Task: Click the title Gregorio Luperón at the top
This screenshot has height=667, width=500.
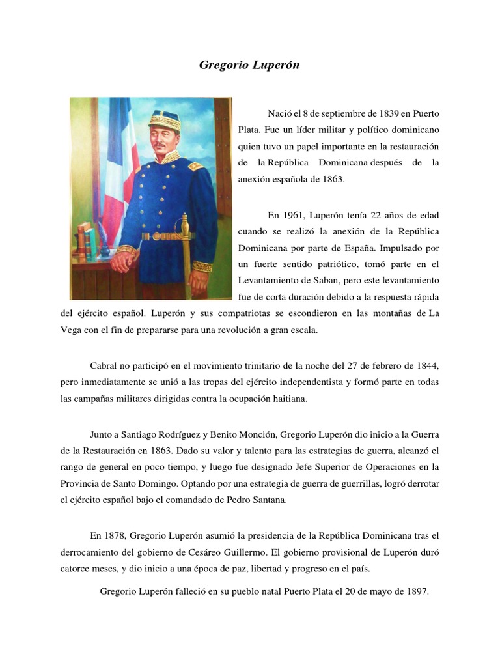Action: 249,66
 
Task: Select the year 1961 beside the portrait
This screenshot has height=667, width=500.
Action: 293,214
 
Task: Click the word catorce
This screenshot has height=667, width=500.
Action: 75,569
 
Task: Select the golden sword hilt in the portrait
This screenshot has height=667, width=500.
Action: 184,228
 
